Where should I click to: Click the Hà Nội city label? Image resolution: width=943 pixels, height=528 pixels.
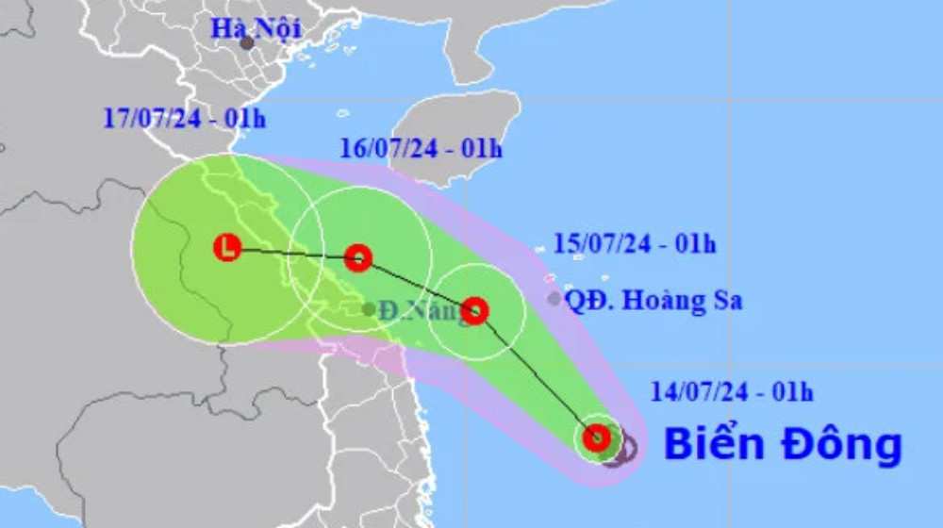(256, 28)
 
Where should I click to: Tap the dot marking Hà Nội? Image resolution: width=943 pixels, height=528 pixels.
(246, 43)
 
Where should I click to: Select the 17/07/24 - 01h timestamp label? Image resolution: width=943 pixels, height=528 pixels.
(185, 119)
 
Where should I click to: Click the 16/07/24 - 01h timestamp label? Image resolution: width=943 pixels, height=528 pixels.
(421, 148)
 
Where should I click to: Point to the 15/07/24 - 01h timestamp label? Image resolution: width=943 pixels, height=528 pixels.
(635, 244)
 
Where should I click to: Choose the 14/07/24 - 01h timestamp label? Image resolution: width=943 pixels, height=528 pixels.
(732, 390)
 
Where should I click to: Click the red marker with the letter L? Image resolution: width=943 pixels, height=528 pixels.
(227, 248)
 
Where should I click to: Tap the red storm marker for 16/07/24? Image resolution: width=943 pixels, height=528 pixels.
(357, 256)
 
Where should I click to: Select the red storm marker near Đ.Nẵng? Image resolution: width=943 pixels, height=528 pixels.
(475, 310)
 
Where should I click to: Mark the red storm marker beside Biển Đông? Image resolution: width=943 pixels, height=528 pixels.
(596, 437)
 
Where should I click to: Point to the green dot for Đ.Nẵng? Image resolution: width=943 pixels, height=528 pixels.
(368, 309)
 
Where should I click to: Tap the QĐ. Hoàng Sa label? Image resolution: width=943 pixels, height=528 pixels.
(653, 301)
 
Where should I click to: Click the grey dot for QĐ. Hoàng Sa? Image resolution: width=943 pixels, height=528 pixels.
(554, 299)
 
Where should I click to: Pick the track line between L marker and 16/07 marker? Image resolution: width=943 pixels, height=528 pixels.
(292, 253)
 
